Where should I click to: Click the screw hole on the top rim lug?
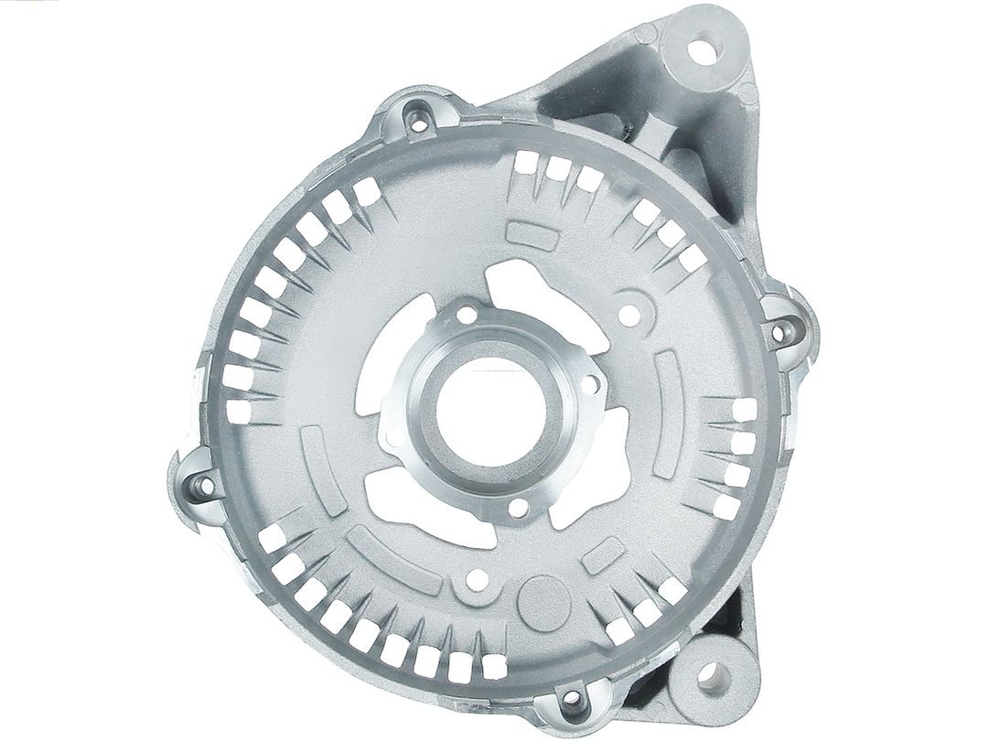424,115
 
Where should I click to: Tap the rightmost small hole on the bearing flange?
590,384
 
